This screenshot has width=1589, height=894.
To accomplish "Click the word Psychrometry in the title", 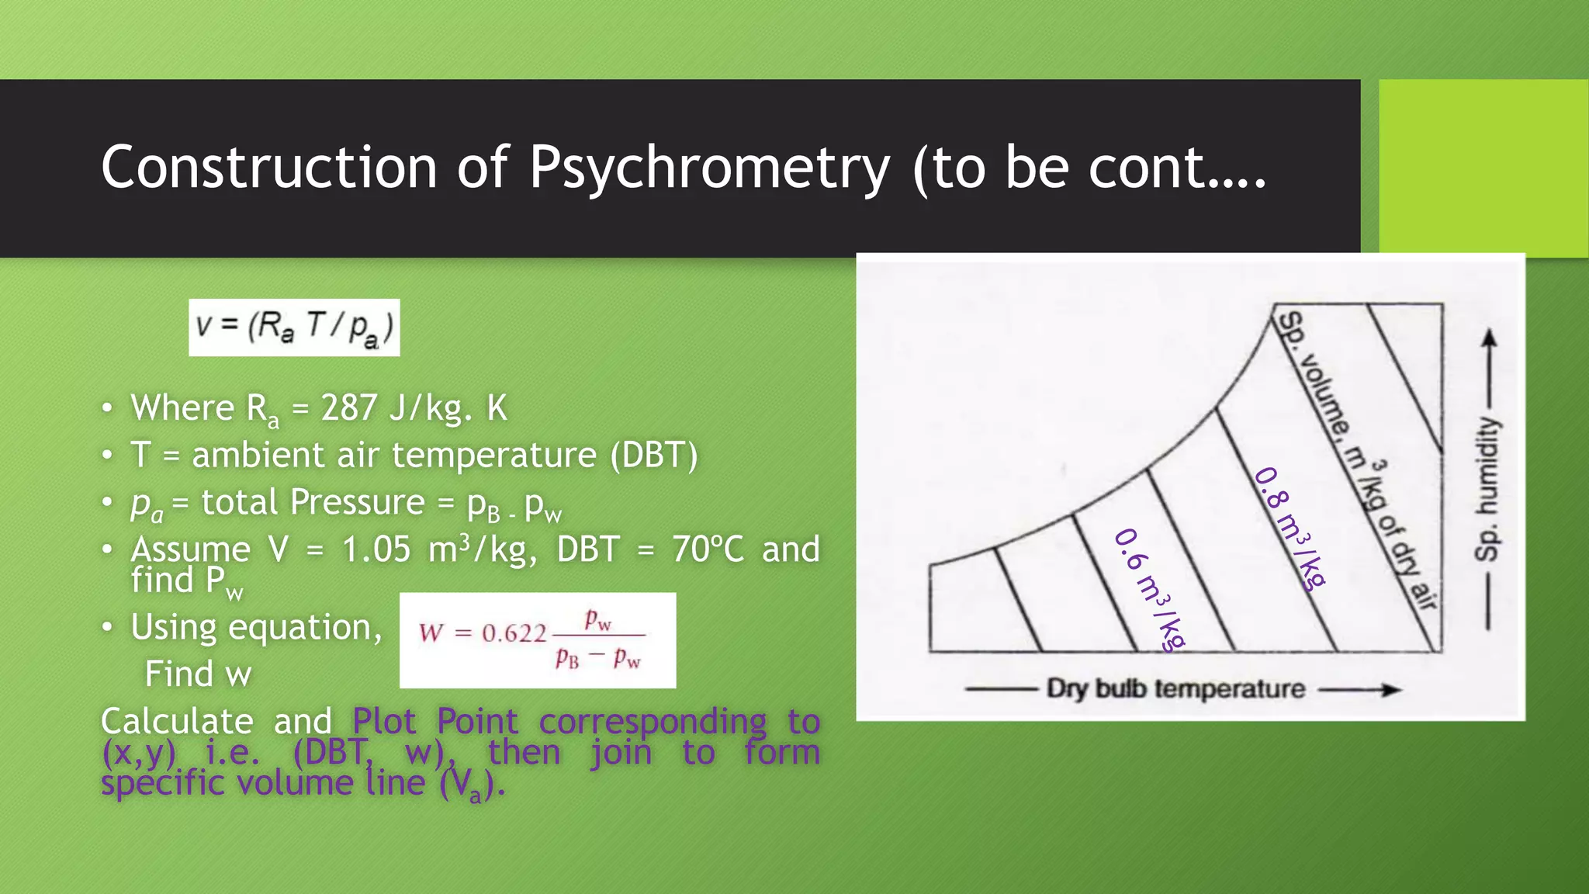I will tap(708, 168).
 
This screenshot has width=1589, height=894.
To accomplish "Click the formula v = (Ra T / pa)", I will tap(294, 327).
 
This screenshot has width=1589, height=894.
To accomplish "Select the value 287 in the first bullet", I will tap(349, 408).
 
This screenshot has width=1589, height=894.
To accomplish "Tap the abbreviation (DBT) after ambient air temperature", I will tap(654, 455).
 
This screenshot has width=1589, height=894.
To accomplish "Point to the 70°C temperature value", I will tap(708, 549).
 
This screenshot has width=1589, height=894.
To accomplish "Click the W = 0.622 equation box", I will tap(537, 640).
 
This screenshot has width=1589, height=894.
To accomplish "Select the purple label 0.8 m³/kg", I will tap(1290, 528).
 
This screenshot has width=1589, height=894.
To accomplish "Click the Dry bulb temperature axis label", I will tap(1175, 688).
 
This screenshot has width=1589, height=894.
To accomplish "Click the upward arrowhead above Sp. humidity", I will tap(1488, 339).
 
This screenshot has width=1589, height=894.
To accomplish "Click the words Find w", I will tap(199, 674).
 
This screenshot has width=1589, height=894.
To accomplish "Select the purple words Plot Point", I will tap(434, 722).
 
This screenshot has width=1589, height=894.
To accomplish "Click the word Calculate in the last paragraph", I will tap(177, 722).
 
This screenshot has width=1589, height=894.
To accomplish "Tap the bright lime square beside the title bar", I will tap(1483, 168).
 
